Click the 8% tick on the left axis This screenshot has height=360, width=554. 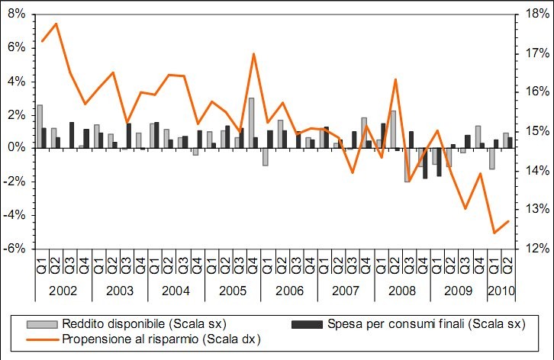point(16,14)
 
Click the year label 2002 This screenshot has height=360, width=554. point(63,291)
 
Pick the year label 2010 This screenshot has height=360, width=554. point(500,291)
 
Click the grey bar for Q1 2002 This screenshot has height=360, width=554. point(39,126)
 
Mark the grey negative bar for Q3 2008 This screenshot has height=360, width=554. point(407,164)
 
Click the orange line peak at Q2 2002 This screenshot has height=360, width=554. point(56,24)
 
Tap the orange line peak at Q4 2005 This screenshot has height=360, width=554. point(253,53)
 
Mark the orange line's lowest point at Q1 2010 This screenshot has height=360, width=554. point(494,233)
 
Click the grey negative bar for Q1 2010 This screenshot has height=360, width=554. point(492,158)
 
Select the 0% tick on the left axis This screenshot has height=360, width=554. point(16,147)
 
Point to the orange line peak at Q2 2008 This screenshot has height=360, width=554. point(395,79)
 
